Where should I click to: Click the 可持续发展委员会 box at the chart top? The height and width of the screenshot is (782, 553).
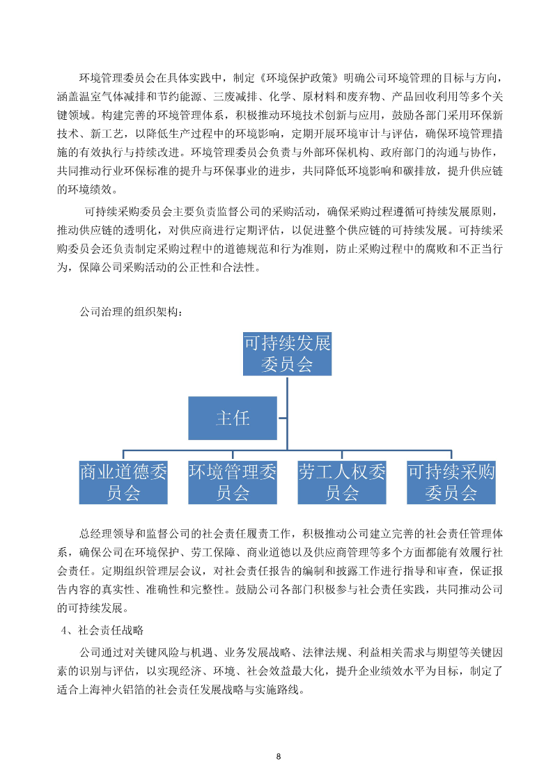coord(287,354)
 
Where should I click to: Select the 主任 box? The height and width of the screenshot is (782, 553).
coord(233,418)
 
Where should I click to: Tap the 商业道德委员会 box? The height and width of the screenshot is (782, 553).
coord(123,482)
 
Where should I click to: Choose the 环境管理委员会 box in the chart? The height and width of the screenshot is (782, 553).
coord(233,482)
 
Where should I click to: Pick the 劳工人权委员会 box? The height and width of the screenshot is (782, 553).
coord(342,482)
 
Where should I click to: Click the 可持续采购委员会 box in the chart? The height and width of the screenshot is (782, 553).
coord(451,482)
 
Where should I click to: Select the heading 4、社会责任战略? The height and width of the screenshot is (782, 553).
coord(102,629)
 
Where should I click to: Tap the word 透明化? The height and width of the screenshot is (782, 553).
coord(154,230)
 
